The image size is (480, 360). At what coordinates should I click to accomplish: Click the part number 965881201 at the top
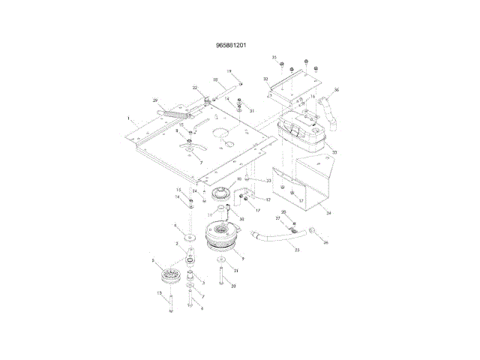tap(232, 45)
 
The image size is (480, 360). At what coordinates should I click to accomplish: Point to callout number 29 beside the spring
tap(155, 100)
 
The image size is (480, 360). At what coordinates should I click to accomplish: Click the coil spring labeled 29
tap(174, 114)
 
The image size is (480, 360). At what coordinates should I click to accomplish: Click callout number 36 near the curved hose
tap(337, 91)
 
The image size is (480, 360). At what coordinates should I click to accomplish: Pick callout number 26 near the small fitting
tap(325, 242)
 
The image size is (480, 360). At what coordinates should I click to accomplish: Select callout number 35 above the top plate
tap(274, 58)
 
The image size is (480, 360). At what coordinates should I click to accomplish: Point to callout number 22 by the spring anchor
tap(194, 88)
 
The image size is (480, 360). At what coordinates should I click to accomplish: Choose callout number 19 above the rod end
tap(229, 71)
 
